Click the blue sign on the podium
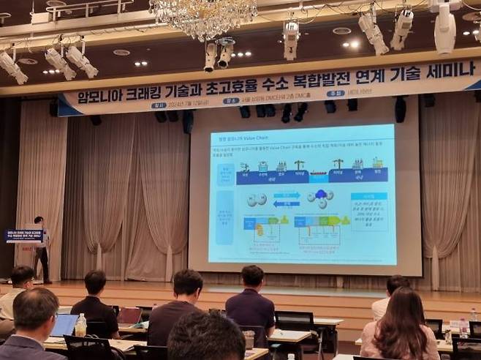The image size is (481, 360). [24, 236]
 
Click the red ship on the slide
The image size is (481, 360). [319, 176]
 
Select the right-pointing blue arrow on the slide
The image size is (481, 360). [287, 195]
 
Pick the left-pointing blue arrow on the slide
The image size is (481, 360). [287, 203]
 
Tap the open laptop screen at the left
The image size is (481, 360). [64, 324]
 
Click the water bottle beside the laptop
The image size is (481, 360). [80, 324]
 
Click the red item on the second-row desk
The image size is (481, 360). [129, 315]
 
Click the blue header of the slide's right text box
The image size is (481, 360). [368, 196]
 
